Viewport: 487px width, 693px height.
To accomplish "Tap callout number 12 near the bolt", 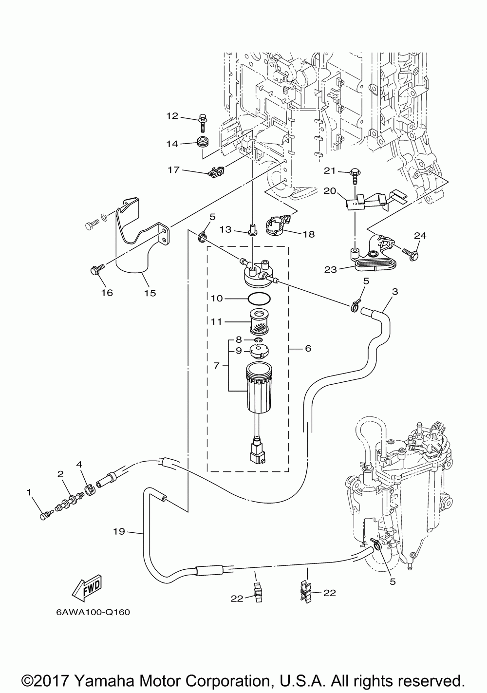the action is [172, 116].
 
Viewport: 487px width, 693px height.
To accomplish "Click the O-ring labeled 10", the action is [259, 299].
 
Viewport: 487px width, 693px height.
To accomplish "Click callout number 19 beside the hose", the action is [119, 531].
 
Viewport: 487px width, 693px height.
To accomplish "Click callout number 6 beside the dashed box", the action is [308, 348].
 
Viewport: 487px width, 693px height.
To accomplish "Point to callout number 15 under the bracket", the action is [150, 293].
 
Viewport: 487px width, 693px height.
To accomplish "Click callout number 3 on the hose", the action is [395, 292].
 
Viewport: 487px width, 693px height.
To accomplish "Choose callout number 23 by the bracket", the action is [331, 269].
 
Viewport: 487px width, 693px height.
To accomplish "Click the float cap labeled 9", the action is [259, 351].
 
